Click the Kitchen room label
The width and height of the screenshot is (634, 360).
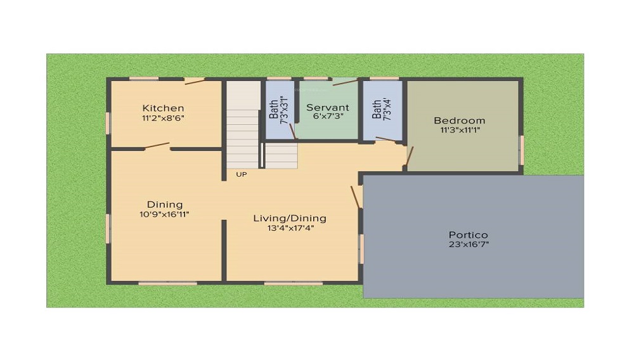163,108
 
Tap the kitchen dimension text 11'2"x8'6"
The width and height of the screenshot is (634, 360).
163,119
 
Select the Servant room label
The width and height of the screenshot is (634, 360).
328,108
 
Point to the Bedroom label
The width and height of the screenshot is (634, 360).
459,120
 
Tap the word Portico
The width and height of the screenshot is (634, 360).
469,235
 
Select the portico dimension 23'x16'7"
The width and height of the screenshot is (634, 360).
469,245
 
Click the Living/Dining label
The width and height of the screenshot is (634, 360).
290,219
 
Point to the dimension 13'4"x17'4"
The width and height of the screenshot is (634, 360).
290,228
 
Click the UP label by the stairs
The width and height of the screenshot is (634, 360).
242,174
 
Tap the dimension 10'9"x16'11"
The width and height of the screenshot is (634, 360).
164,215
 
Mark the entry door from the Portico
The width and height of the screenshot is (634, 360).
356,197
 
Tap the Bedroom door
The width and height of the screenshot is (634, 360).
409,157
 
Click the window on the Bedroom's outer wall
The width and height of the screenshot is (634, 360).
522,150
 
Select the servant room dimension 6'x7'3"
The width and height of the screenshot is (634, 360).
328,116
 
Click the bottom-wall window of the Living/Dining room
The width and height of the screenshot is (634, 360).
294,283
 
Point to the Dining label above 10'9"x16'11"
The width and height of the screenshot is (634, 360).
165,205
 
